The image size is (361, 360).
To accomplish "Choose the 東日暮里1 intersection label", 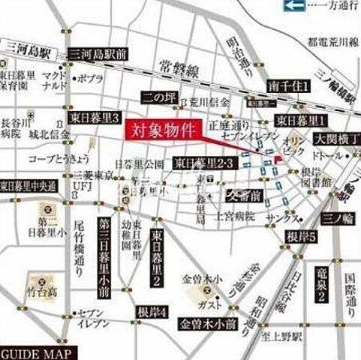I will click(x=300, y=120).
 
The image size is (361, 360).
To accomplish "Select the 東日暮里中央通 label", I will click(x=28, y=184).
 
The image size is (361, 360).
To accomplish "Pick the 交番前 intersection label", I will click(x=245, y=196).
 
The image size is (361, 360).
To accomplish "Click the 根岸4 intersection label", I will click(x=152, y=312).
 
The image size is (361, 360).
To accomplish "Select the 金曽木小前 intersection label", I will click(x=207, y=324).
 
